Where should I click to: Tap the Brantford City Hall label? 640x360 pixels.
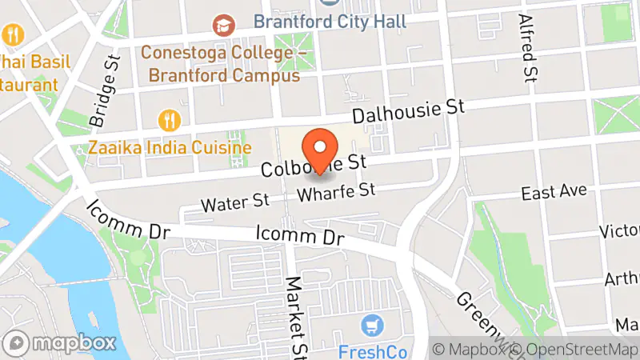click(330, 21)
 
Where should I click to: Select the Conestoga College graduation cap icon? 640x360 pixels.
click(224, 26)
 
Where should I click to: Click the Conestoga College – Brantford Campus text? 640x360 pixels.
click(220, 64)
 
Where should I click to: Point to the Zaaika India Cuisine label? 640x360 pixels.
click(170, 148)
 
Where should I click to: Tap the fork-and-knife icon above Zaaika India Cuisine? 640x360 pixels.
click(170, 121)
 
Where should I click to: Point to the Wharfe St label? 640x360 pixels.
click(358, 192)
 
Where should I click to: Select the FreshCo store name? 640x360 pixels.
click(372, 351)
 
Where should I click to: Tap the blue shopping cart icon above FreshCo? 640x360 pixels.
click(371, 325)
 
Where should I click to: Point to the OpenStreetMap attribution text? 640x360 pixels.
click(575, 350)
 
